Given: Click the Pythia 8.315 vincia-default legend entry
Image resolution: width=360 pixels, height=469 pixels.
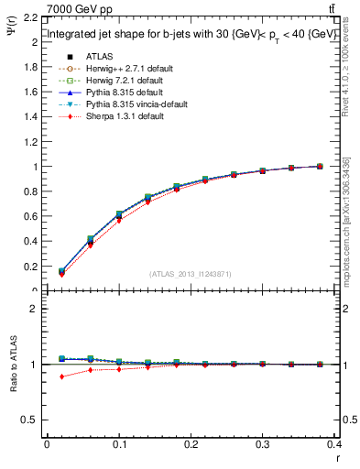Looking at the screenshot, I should coord(124,105).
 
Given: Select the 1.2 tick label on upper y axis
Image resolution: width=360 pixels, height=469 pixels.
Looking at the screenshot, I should coord(31,142).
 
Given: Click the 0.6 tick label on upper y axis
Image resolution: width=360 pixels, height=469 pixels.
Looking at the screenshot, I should coord(31,217).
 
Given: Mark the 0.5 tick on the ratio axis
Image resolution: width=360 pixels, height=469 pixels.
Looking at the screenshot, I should coord(31,420).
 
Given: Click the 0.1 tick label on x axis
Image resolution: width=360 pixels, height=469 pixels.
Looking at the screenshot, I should coord(119,446).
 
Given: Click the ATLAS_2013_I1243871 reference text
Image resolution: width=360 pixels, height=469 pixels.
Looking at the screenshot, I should coord(191,275).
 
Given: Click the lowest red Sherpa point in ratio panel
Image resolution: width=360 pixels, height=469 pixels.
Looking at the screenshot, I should coord(61,376).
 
